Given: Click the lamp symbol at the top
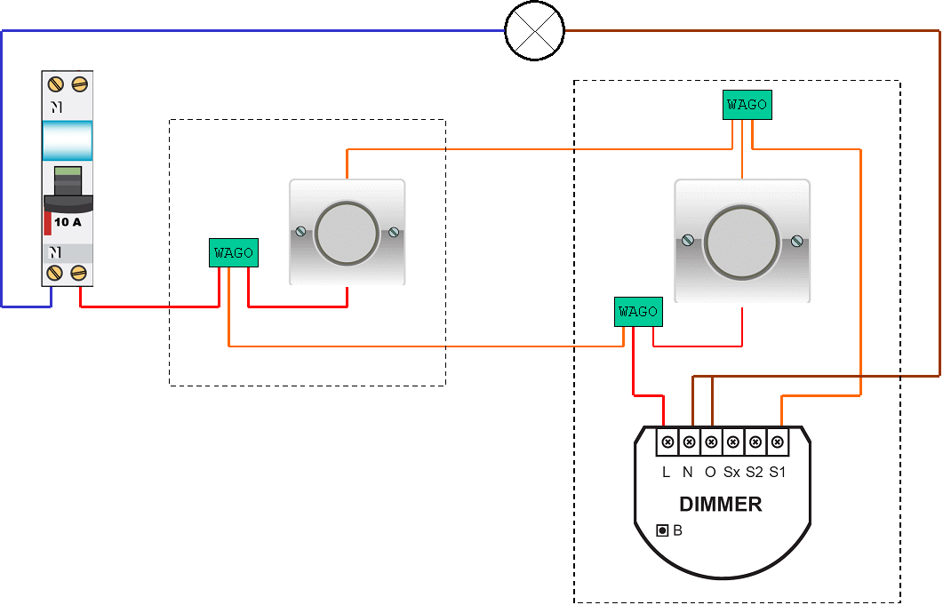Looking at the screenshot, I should click(x=534, y=31).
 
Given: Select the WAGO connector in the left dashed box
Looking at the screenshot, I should click(x=234, y=253).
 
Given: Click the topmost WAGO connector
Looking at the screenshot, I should click(x=747, y=105).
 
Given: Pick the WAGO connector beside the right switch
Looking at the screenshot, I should click(x=637, y=312).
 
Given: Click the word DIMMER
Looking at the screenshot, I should click(x=720, y=505).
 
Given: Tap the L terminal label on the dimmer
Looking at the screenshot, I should click(x=666, y=473).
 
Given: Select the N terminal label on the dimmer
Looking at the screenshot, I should click(x=687, y=473).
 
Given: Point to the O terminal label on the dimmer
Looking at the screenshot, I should click(x=710, y=473).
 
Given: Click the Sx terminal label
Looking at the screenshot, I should click(x=731, y=473).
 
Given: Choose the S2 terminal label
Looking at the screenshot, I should click(x=755, y=473).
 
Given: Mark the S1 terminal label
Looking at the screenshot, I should click(x=778, y=473).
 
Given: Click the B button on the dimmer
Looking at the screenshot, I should click(x=662, y=531).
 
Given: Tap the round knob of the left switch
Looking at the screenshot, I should click(x=347, y=233).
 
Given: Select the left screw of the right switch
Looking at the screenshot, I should click(x=687, y=240).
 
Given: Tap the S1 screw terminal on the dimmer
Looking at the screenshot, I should click(x=777, y=442).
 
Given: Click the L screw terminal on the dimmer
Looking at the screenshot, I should click(x=667, y=442).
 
